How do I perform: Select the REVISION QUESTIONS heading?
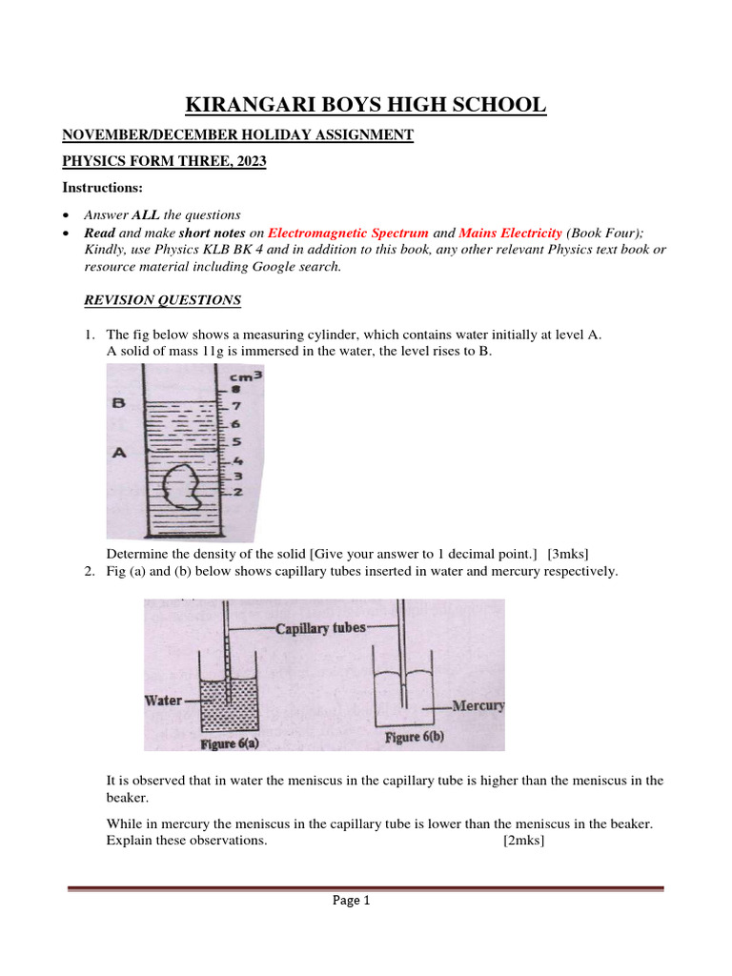tap(163, 300)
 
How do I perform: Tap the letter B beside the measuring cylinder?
tap(119, 403)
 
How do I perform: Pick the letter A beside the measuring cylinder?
tap(119, 454)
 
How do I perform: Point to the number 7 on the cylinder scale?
tap(235, 407)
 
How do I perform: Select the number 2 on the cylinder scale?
tap(237, 492)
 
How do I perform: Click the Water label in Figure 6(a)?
tap(163, 701)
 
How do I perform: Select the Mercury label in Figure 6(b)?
tap(478, 706)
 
